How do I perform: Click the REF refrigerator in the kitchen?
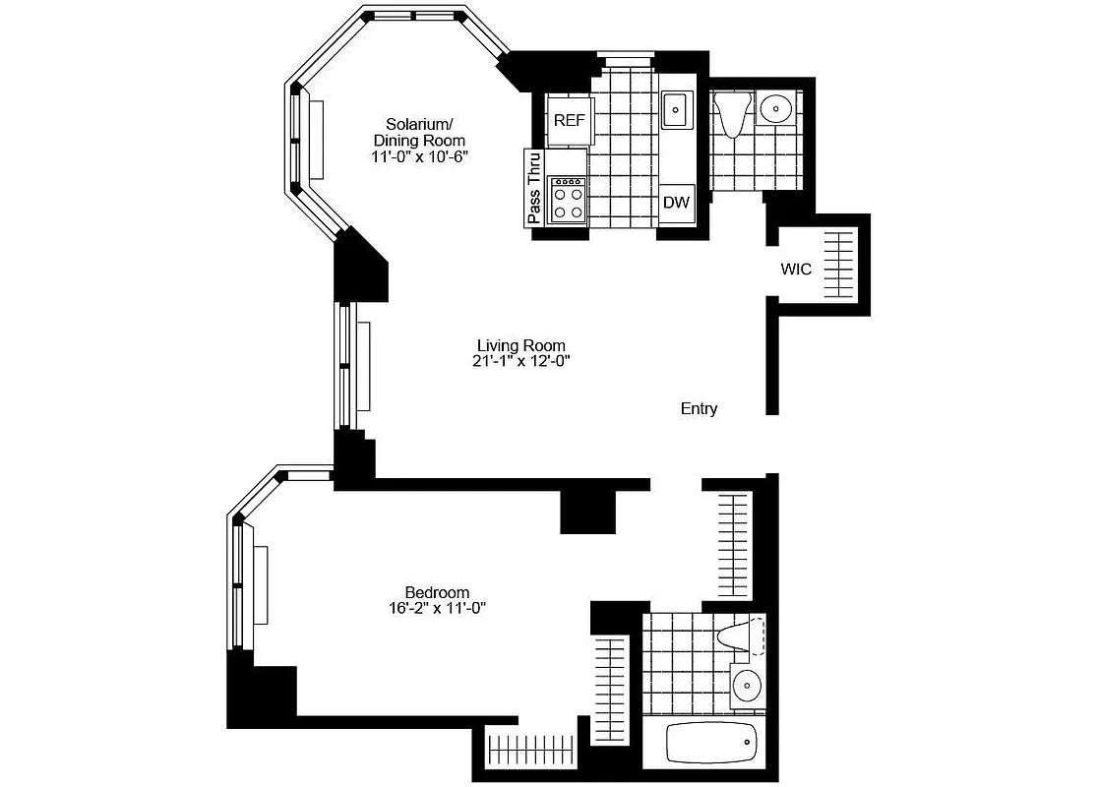(570, 121)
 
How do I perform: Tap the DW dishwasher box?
(676, 204)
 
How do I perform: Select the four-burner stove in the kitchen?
(568, 200)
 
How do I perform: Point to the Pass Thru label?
(535, 189)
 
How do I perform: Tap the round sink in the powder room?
(777, 107)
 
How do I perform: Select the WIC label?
(796, 269)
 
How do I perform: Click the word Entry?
(699, 408)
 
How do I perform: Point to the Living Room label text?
(520, 345)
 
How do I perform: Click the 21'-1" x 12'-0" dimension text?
(520, 361)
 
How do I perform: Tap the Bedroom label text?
(437, 592)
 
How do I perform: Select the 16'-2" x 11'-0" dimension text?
(437, 608)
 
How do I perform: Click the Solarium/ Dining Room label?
(419, 132)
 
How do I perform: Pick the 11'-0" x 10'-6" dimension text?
(419, 156)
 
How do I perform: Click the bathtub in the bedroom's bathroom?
(711, 743)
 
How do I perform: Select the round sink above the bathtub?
(747, 682)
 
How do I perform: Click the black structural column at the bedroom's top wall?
(587, 511)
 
